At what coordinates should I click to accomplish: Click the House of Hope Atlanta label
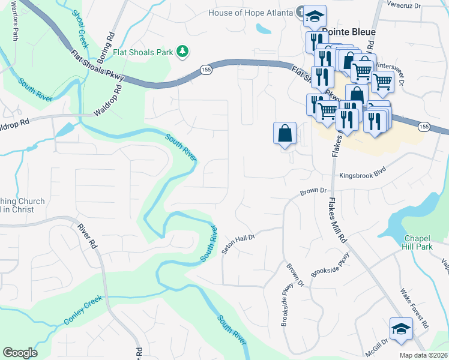coord(251,13)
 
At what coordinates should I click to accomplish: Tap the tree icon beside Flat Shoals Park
coord(182,52)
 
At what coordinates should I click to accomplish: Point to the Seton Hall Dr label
coord(238,244)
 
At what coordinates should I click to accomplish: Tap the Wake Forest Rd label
coord(414,308)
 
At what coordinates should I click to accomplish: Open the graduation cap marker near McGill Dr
coord(401,329)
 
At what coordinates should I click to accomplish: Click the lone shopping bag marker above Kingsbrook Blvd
coord(285,133)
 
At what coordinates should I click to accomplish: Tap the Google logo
coord(20,353)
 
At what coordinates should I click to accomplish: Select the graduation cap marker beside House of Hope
coord(313,17)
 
